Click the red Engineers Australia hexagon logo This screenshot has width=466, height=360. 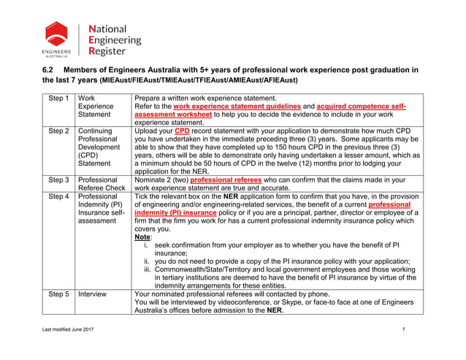(56, 34)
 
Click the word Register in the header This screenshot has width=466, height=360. (106, 52)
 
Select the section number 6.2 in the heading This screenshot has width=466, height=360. (49, 70)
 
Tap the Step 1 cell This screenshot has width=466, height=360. (58, 98)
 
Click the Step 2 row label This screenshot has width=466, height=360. (58, 131)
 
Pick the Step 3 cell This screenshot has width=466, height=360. (58, 180)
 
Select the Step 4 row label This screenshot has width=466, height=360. (58, 196)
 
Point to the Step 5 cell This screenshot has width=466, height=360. (58, 294)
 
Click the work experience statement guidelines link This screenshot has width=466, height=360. (237, 107)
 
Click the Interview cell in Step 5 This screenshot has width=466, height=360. (92, 294)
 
